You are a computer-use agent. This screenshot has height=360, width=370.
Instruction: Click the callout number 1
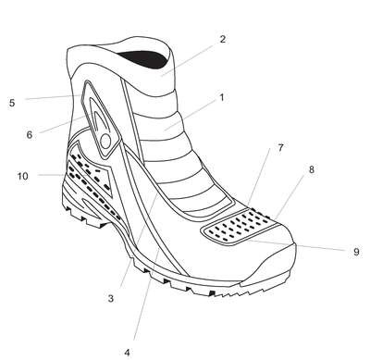[x=221, y=97]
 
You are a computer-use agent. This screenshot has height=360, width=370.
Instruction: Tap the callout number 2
[x=223, y=39]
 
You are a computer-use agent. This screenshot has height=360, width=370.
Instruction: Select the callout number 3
[x=111, y=299]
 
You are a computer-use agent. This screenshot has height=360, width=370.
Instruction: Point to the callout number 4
[x=128, y=352]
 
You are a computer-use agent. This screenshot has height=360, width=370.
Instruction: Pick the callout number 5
[x=12, y=103]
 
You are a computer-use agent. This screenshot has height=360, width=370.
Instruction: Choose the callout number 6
[x=30, y=135]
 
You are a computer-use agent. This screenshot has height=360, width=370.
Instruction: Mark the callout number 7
[x=280, y=148]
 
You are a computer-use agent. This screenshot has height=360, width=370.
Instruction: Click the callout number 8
[x=312, y=169]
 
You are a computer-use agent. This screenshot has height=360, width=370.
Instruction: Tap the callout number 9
[x=356, y=252]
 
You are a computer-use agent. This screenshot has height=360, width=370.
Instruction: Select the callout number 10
[x=22, y=176]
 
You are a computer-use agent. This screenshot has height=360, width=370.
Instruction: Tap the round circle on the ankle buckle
[x=105, y=141]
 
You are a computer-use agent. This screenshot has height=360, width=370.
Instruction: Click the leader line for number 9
[x=298, y=245]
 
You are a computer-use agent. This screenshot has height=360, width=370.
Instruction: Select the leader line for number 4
[x=147, y=293]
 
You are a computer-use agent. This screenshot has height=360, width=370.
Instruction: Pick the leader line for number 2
[x=188, y=60]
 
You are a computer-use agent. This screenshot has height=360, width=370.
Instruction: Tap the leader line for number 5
[x=53, y=97]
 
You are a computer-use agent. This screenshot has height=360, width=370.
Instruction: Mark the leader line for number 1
[x=191, y=115]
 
